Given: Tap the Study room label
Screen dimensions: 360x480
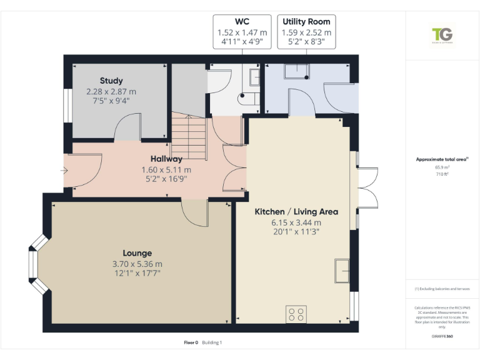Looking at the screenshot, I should click(111, 81).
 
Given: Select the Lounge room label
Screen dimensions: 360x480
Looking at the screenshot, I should click(137, 253).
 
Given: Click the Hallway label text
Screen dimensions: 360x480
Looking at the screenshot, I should click(166, 159).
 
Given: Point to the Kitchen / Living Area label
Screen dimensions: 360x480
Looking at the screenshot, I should click(296, 212).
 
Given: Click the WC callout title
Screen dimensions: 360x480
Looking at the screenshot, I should click(242, 21).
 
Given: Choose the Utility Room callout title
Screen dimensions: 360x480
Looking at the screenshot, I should click(306, 21).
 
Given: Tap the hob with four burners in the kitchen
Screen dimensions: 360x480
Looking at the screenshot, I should click(296, 314).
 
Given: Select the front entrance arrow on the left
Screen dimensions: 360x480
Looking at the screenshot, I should click(64, 170).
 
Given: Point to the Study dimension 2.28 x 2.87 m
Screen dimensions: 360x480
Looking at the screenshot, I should click(111, 91).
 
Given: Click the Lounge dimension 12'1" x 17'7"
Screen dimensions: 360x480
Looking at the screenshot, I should click(137, 274).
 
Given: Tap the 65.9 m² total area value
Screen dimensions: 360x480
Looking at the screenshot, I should click(442, 167).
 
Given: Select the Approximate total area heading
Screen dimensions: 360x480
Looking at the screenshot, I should click(441, 159).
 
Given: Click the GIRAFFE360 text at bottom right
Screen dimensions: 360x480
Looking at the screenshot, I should click(442, 336).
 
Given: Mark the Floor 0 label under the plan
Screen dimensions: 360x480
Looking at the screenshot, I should click(191, 342).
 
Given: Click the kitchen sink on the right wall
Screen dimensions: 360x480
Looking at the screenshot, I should click(342, 271).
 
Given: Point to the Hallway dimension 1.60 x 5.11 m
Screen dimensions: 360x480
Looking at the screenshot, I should click(166, 169).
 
